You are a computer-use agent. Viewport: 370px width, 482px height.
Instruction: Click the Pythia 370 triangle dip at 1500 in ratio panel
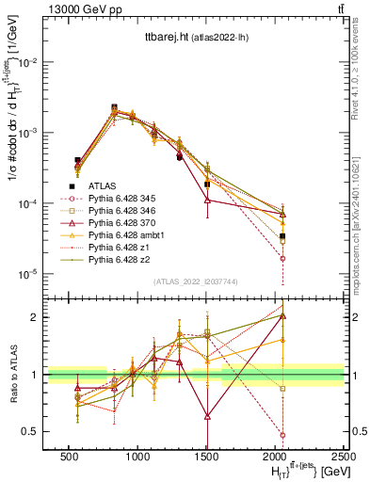(207, 415)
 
